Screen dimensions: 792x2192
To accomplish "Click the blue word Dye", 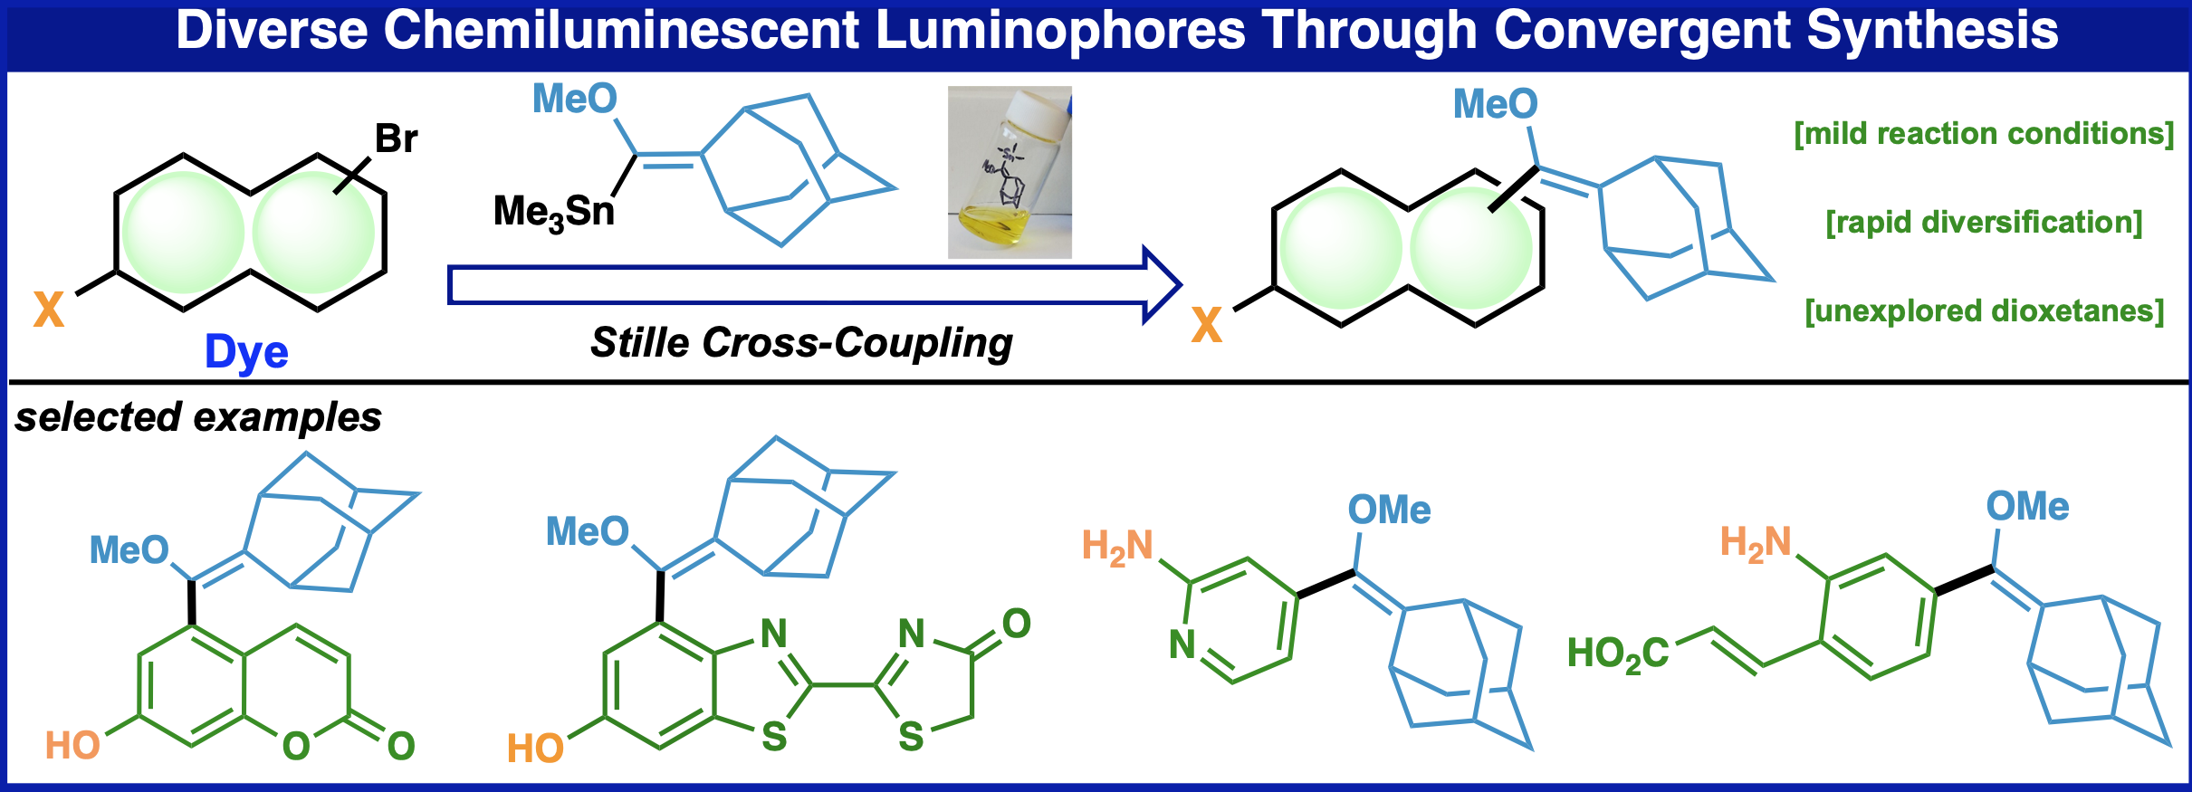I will pos(246,352).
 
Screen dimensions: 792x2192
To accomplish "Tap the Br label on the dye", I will pos(396,139).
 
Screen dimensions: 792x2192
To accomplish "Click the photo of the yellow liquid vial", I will pos(1010,172).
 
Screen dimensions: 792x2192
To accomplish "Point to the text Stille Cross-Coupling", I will pos(800,343).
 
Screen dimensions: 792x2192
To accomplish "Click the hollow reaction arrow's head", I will pos(1162,284).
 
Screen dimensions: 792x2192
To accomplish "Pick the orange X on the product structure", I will pos(1206,325).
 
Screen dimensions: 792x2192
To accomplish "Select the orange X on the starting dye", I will pos(49,310).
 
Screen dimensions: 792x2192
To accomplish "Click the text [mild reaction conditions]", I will pos(1983,134).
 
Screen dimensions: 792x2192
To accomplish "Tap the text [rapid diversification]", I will pos(1983,223).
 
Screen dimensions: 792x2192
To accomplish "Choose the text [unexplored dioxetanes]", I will pos(1983,311).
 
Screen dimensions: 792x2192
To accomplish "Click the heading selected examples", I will pos(198,417).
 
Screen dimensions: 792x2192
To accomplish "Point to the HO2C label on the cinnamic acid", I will pos(1617,654).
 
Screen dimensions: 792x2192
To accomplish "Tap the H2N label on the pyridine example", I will pos(1117,548).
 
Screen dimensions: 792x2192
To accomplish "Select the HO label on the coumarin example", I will pos(72,746).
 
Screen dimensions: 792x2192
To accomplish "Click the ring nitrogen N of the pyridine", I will pos(1182,644).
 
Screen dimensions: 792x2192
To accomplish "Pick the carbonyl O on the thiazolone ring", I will pos(1016,624).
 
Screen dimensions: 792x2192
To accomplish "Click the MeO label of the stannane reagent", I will pos(574,99).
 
